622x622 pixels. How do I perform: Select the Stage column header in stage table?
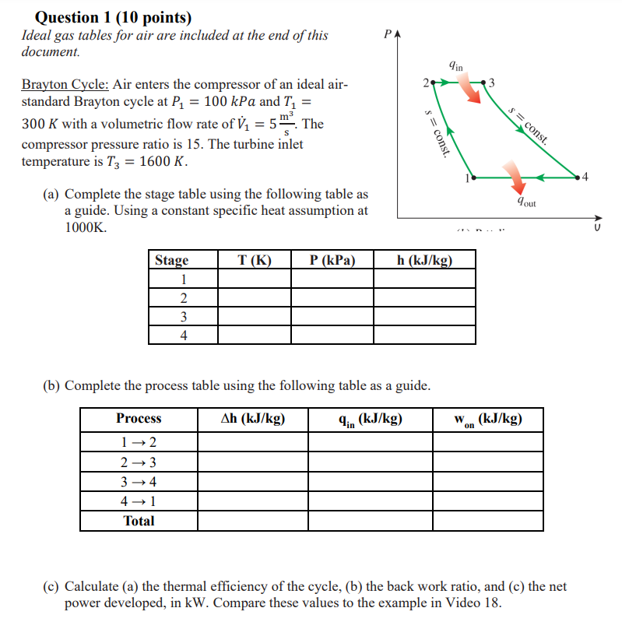click(171, 260)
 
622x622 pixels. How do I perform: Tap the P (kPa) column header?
click(332, 260)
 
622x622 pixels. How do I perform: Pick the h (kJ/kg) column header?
click(424, 260)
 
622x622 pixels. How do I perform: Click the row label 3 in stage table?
click(183, 317)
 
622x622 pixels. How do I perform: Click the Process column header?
click(139, 419)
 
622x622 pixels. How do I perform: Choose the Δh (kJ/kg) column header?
click(252, 419)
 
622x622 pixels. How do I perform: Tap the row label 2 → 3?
click(139, 462)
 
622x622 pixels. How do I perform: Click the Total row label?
click(139, 521)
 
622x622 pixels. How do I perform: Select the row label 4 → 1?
click(139, 501)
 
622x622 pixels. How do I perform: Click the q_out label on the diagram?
click(526, 202)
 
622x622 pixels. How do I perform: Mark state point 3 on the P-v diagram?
click(485, 82)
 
